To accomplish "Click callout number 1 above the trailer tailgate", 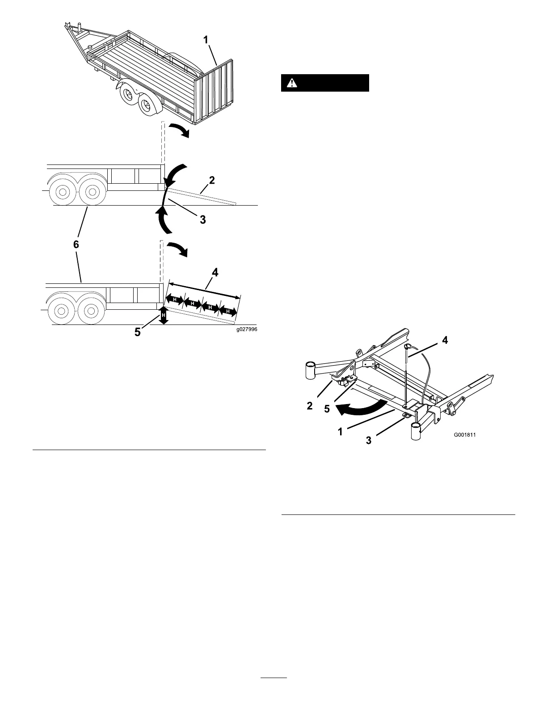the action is point(206,40).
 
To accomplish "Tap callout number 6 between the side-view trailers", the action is point(76,244).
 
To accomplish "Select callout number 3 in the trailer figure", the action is point(202,219).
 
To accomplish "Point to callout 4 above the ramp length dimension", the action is point(215,272).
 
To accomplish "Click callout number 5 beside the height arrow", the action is point(139,332).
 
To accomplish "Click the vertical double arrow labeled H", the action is point(164,315).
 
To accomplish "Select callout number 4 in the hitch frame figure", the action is point(445,341).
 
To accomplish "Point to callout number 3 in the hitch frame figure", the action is point(368,440).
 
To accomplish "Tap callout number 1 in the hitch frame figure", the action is point(341,432).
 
